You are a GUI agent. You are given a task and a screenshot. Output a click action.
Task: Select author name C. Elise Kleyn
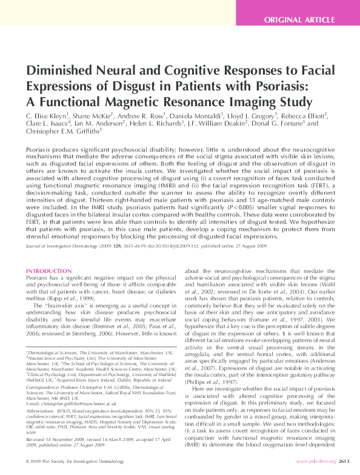(49, 115)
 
